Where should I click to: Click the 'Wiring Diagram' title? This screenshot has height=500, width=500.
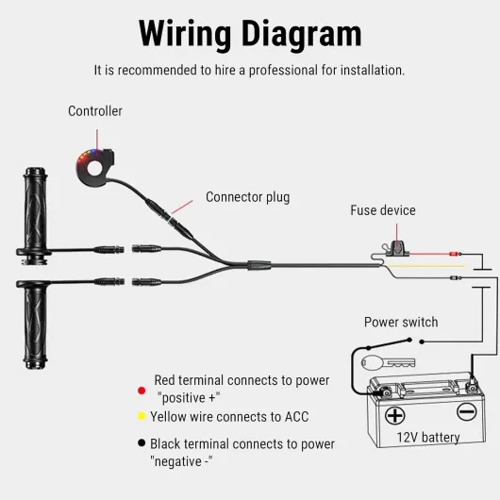point(250,33)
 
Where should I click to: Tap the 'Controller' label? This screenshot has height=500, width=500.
point(95,111)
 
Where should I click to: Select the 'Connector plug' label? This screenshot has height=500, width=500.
point(248,197)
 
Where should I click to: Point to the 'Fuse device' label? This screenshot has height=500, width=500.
point(383,210)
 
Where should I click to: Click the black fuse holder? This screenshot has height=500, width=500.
point(396,249)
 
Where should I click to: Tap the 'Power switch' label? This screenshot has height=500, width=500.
point(401,322)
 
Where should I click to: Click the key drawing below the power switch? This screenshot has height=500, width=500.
point(388,362)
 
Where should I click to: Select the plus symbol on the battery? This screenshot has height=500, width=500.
point(394,415)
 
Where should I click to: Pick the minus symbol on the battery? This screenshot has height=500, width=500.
point(467,411)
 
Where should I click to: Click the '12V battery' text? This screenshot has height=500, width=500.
point(428,437)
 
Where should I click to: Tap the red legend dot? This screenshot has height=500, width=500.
point(142,391)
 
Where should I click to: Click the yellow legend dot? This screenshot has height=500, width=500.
point(142,416)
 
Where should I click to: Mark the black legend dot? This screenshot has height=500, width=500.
point(142,442)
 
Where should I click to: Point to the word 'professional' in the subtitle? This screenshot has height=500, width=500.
point(283,71)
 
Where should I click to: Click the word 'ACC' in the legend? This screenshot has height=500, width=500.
point(296,417)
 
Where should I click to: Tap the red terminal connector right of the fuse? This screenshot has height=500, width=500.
point(454,254)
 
